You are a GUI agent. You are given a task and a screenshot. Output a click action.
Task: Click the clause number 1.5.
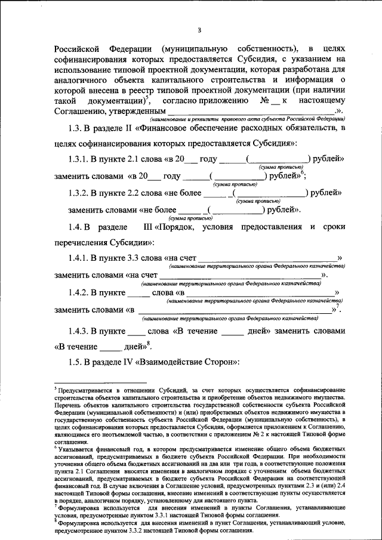coord(76,363)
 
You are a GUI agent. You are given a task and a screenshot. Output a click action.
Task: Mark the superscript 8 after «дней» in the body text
coord(149,343)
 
